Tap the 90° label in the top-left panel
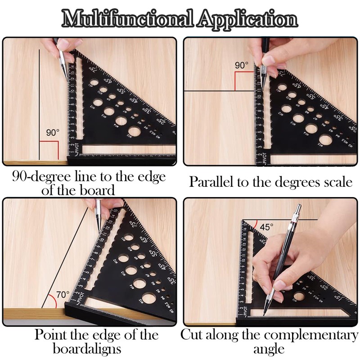click(x=53, y=133)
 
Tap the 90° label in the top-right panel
click(x=241, y=65)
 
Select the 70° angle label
click(x=63, y=295)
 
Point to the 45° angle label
click(x=266, y=227)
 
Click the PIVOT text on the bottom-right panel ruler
click(x=245, y=310)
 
